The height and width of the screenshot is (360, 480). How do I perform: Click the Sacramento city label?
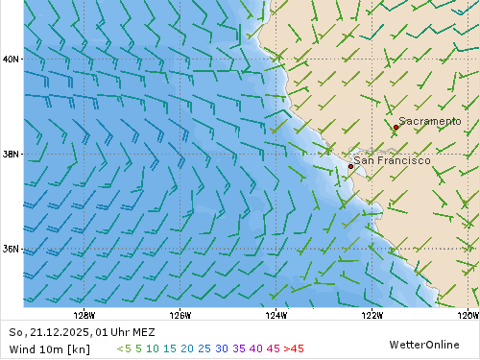pos(429,122)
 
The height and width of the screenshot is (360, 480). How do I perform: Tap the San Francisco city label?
pos(392,160)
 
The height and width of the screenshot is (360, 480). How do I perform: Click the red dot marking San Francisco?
pos(350,166)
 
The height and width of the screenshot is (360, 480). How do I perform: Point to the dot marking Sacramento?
pos(396,127)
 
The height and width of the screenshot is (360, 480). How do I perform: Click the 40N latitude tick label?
pos(12,59)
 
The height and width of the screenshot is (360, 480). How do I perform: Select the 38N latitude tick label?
pos(12,154)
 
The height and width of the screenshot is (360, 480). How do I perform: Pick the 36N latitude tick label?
pos(12,249)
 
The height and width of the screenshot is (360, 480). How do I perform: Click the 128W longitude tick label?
pos(84,315)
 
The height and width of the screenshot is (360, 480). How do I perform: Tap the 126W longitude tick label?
pos(180,315)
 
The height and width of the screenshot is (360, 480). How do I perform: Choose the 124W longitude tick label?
pos(276,315)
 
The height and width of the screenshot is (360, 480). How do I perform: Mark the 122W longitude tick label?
pos(372,315)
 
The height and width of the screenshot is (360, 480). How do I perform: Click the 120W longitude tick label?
pos(468,315)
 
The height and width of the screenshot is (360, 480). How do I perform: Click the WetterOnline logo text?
pos(423,344)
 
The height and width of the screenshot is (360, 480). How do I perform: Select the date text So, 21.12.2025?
pos(48,332)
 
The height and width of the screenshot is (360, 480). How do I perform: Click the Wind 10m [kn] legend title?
pos(49,348)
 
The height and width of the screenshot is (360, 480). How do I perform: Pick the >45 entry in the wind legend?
pos(294,348)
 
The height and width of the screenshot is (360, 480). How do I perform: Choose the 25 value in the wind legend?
pos(204,348)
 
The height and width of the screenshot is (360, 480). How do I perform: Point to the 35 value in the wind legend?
pos(238,348)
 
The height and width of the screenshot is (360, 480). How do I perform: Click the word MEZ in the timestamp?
pos(141,332)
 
